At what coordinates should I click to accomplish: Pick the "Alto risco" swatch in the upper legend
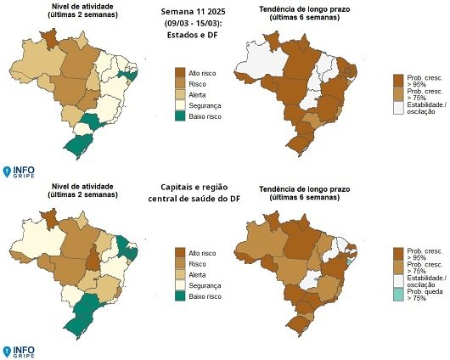pyautogui.click(x=180, y=74)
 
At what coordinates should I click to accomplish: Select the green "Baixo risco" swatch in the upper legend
pyautogui.click(x=180, y=115)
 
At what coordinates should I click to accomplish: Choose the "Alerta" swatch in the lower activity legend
pyautogui.click(x=180, y=275)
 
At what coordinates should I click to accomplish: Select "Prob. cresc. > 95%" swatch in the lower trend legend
pyautogui.click(x=398, y=253)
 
